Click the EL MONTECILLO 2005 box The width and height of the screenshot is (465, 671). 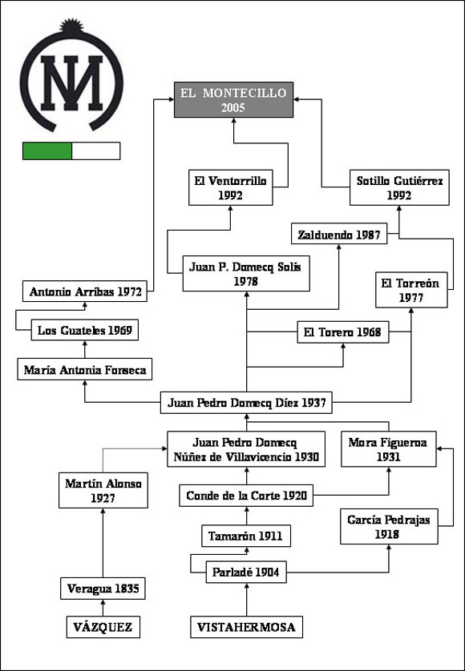click(233, 100)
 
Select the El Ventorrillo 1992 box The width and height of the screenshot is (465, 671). click(231, 187)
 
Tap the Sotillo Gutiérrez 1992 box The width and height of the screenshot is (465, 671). click(399, 187)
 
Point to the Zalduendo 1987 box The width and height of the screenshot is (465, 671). click(339, 234)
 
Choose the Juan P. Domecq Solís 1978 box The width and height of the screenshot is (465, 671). click(246, 274)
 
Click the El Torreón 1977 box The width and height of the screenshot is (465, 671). click(411, 290)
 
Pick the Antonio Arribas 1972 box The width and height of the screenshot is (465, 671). click(85, 291)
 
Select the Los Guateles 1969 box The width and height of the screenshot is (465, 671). click(85, 330)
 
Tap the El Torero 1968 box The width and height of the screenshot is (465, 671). click(343, 332)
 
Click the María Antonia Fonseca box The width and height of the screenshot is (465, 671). click(85, 369)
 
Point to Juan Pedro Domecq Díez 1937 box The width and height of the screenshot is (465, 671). click(246, 402)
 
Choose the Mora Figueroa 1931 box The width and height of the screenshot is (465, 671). click(389, 449)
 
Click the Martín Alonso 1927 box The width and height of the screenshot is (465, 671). click(103, 490)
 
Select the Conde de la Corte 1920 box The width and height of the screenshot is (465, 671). click(246, 496)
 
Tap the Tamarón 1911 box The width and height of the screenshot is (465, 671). click(246, 536)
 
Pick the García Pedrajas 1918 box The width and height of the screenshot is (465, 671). click(389, 526)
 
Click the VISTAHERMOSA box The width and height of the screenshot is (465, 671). click(246, 627)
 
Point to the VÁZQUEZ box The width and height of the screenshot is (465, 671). click(103, 627)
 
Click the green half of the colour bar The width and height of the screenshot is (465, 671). click(47, 151)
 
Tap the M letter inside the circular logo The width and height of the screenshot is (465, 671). click(71, 82)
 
